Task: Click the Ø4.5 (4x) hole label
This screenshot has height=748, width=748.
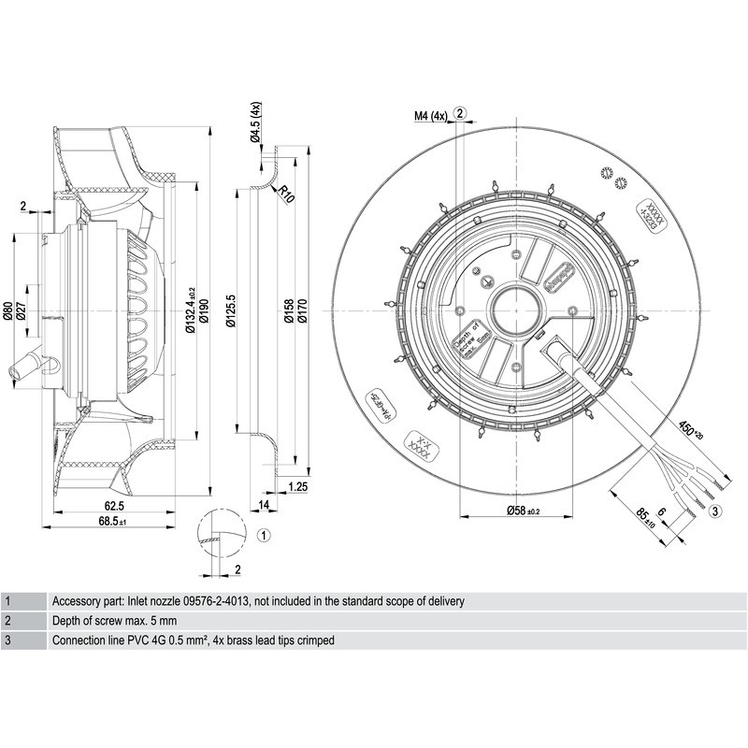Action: (x=254, y=122)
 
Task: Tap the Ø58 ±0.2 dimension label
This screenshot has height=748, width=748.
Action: (x=511, y=511)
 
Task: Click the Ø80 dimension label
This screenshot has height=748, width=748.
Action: (x=7, y=310)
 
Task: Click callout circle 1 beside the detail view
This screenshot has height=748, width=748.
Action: (x=264, y=536)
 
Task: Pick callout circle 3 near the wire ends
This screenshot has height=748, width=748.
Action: (x=715, y=511)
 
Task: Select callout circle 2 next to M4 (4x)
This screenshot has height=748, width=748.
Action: (x=460, y=113)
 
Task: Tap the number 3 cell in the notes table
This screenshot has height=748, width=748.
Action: (x=7, y=640)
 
